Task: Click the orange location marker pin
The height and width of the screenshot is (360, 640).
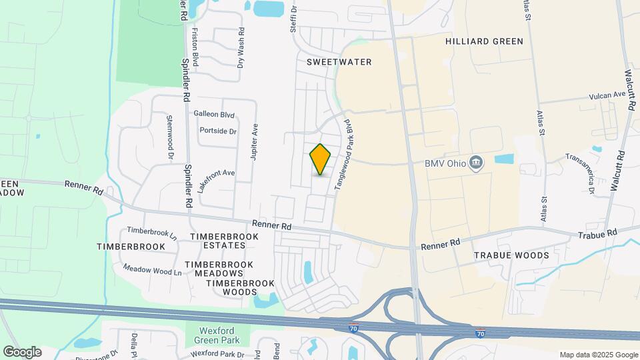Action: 321,159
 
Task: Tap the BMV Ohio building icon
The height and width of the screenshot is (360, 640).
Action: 476,163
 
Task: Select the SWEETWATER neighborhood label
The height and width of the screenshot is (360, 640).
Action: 339,61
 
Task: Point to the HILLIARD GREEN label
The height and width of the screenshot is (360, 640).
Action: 484,41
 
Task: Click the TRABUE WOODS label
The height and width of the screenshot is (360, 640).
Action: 511,255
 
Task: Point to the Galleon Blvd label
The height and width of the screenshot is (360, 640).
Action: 215,114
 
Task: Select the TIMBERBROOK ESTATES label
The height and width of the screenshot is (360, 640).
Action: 218,241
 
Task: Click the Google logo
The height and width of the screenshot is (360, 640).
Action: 22,352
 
